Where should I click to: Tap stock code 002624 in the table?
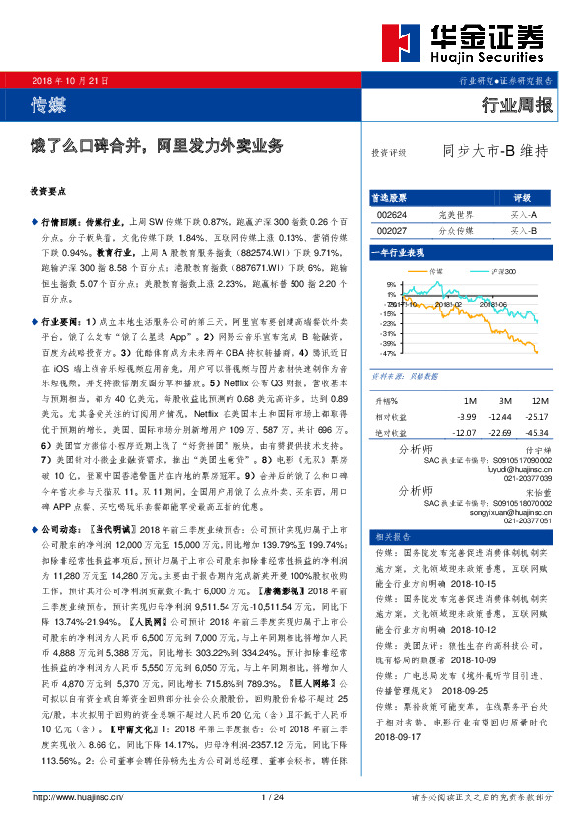pyautogui.click(x=392, y=214)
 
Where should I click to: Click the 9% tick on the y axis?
pyautogui.click(x=392, y=284)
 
